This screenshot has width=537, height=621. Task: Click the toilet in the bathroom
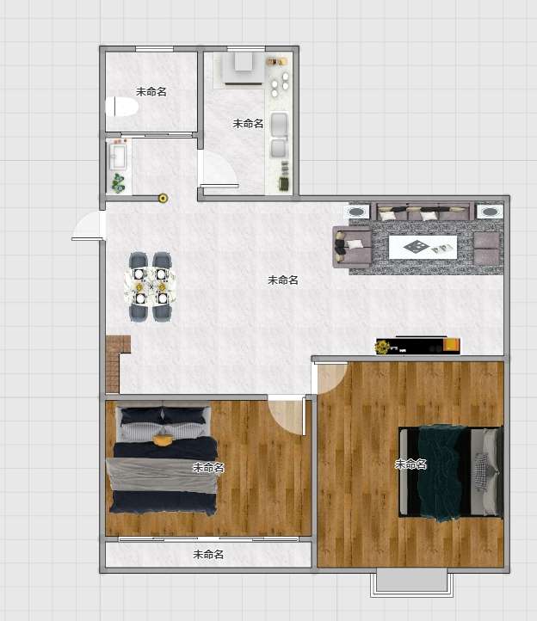tap(121, 107)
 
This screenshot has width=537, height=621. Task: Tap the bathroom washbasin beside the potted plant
tap(117, 157)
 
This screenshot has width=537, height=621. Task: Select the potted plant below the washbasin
tap(118, 182)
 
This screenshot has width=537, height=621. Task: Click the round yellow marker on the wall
tap(163, 198)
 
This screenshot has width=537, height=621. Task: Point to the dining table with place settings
tap(151, 286)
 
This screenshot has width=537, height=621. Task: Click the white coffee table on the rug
tap(423, 247)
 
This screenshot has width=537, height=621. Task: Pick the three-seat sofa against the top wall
tap(423, 212)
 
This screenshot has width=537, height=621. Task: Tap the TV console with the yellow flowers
tap(417, 346)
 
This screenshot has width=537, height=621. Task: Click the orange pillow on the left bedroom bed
tap(164, 440)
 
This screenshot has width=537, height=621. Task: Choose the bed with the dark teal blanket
tap(452, 471)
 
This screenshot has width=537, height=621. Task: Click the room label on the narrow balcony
tap(208, 554)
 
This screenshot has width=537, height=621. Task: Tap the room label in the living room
tap(283, 280)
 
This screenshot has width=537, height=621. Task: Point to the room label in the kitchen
tap(248, 124)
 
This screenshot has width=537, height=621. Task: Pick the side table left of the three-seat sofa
tap(359, 211)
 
